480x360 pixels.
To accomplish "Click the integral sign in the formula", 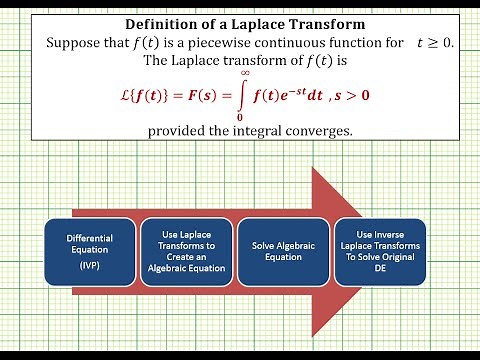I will tap(244, 97).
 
